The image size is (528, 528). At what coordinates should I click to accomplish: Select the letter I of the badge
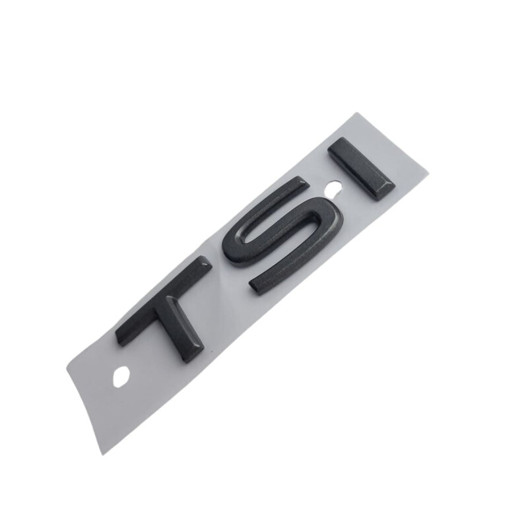pos(362,169)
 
